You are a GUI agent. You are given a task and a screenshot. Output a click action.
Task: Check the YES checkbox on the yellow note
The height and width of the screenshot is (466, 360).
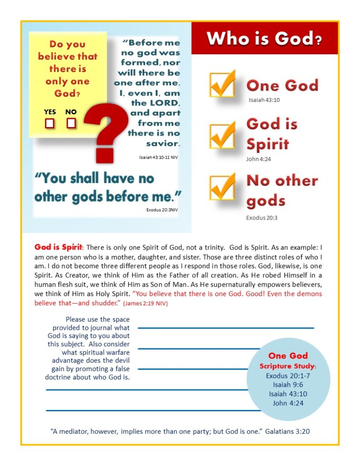point(50,123)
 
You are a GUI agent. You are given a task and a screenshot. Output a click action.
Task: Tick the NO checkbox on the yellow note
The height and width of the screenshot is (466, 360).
point(71,123)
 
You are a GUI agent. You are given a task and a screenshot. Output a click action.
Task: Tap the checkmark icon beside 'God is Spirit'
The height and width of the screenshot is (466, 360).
point(223,135)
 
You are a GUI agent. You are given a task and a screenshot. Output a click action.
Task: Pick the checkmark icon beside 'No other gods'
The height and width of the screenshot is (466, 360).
point(223,187)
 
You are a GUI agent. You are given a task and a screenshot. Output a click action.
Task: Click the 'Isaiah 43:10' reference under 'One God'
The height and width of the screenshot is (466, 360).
point(264,100)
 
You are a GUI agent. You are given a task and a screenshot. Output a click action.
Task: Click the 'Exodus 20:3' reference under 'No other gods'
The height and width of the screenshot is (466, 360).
point(262,218)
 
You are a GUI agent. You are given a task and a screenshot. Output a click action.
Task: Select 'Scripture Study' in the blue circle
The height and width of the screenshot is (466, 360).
point(287,366)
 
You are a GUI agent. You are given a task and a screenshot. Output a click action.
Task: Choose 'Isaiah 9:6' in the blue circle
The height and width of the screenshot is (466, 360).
point(288,385)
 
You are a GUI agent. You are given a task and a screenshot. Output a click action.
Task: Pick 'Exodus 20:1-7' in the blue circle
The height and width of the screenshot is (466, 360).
point(288,376)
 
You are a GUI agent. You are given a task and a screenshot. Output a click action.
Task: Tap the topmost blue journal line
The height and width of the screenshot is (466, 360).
point(226,328)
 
